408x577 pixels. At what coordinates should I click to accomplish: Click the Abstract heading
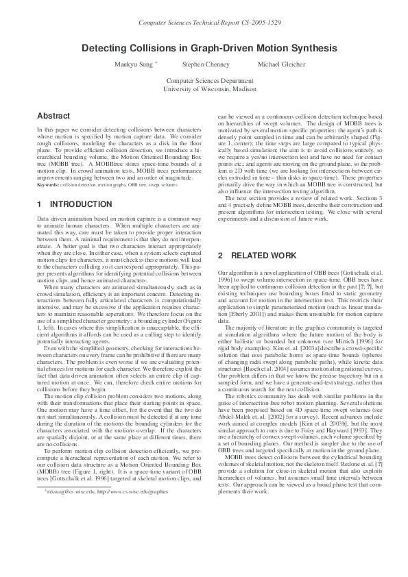[x=53, y=116]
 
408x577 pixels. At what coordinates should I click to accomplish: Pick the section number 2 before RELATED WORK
[x=220, y=256]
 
